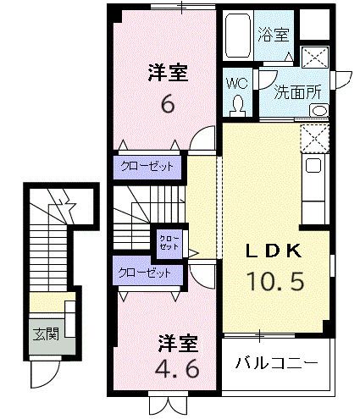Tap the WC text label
(x=236, y=83)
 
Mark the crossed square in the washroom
(x=316, y=58)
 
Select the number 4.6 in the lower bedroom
(x=177, y=369)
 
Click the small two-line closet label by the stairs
(x=163, y=242)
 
